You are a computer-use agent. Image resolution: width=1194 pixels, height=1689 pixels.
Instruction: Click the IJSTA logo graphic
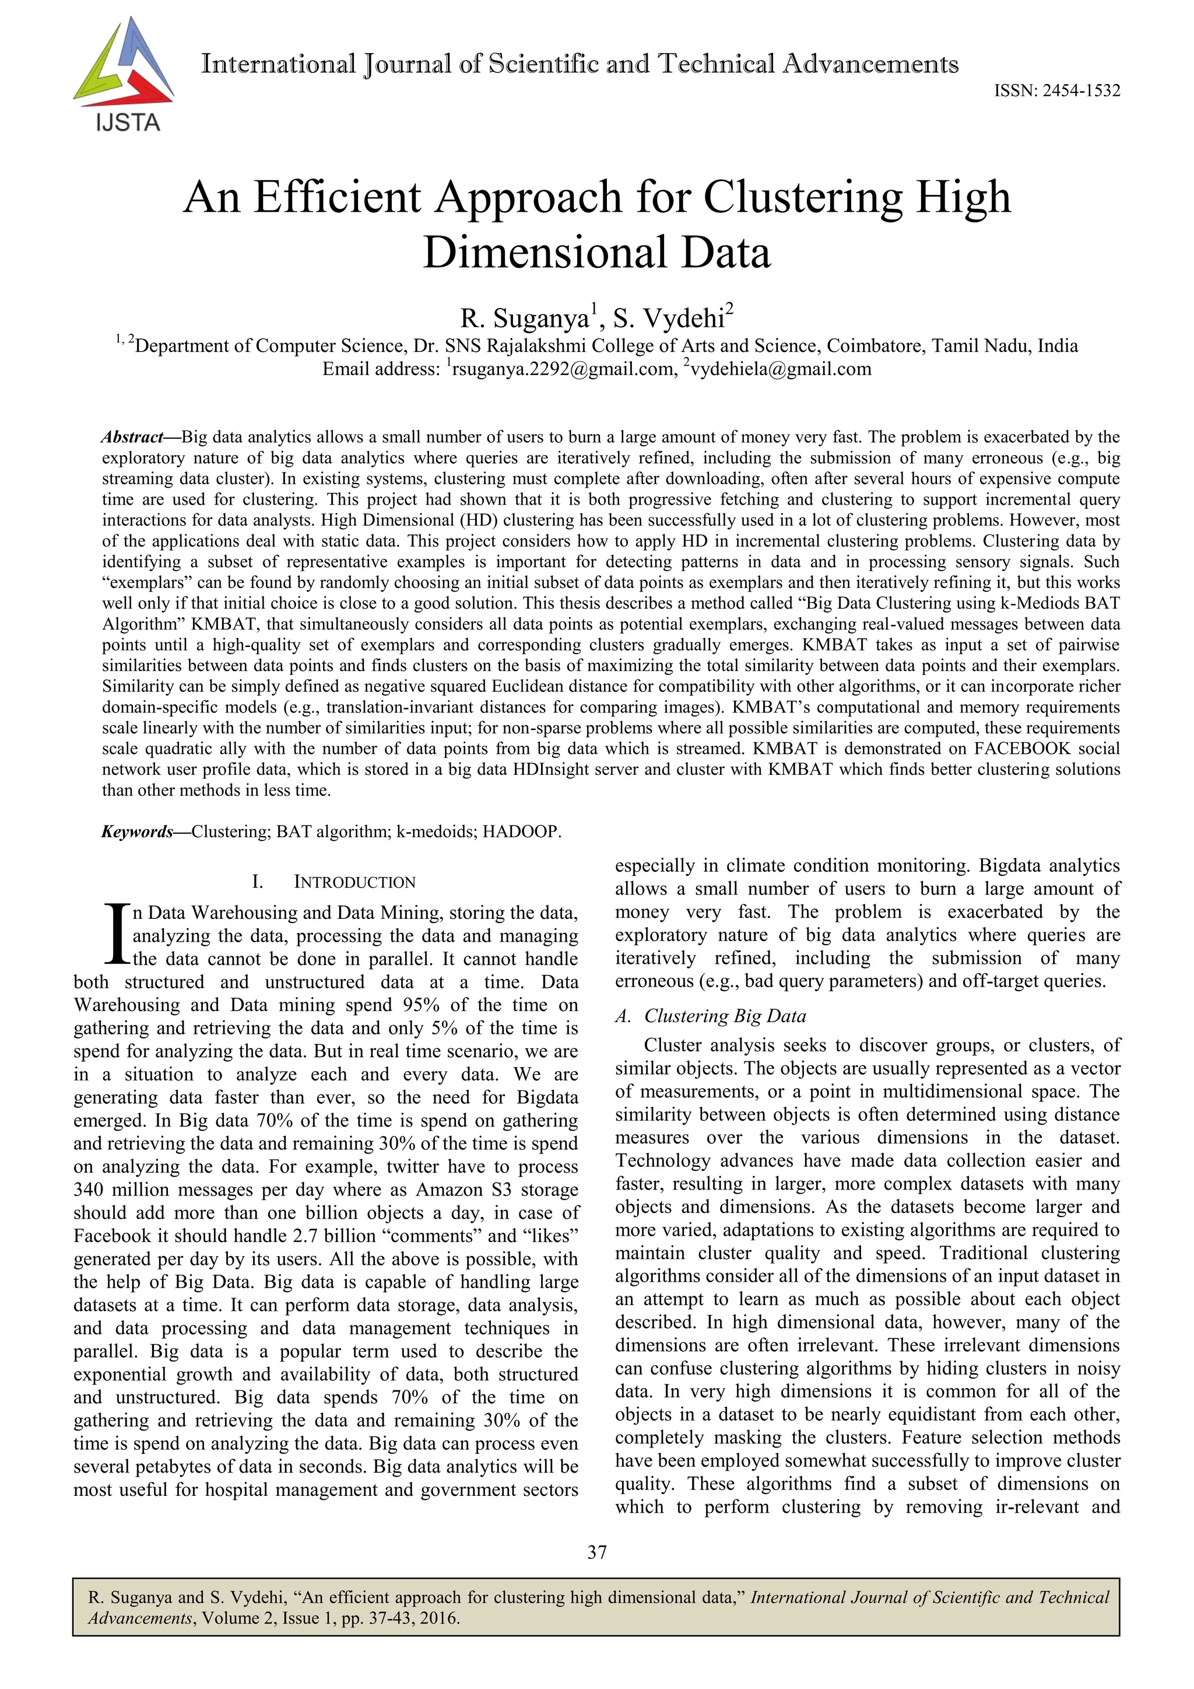click(124, 74)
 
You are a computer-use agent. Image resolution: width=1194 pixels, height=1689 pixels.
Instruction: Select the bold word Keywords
click(137, 832)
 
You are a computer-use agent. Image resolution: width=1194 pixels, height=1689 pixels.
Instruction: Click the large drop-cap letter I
click(116, 934)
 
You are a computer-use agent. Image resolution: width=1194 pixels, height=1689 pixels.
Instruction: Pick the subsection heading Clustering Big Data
click(725, 1016)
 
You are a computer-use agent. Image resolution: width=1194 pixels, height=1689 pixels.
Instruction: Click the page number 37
click(597, 1552)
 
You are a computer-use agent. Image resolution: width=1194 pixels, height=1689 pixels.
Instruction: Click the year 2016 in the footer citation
click(439, 1618)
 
